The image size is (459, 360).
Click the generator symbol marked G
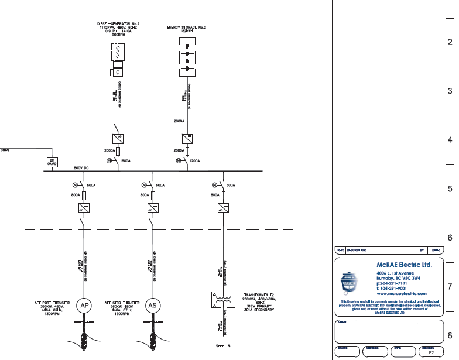click(x=118, y=72)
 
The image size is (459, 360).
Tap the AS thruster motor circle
click(x=152, y=305)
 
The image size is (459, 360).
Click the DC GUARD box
click(x=51, y=162)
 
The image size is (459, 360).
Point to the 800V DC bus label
click(x=81, y=168)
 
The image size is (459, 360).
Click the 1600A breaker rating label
click(x=125, y=160)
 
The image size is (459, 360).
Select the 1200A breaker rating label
click(x=194, y=160)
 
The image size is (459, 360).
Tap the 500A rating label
click(x=231, y=186)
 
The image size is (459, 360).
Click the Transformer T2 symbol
click(x=222, y=299)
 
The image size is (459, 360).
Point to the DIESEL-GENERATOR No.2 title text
click(x=118, y=24)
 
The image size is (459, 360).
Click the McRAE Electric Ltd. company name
click(x=404, y=265)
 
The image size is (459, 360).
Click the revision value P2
click(x=431, y=353)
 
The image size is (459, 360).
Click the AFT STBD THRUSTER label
click(x=119, y=303)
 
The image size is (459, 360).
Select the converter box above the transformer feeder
click(x=222, y=208)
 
